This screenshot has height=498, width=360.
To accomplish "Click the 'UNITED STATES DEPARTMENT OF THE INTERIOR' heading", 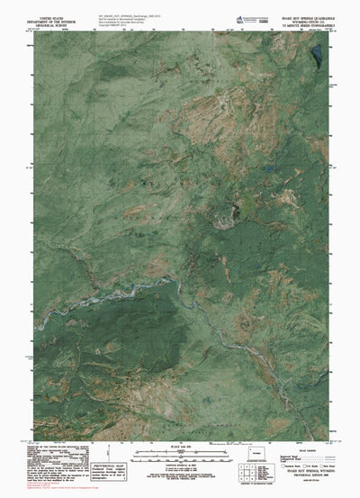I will pos(53,18).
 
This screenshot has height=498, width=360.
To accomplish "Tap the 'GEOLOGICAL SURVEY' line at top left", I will pos(53,25).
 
